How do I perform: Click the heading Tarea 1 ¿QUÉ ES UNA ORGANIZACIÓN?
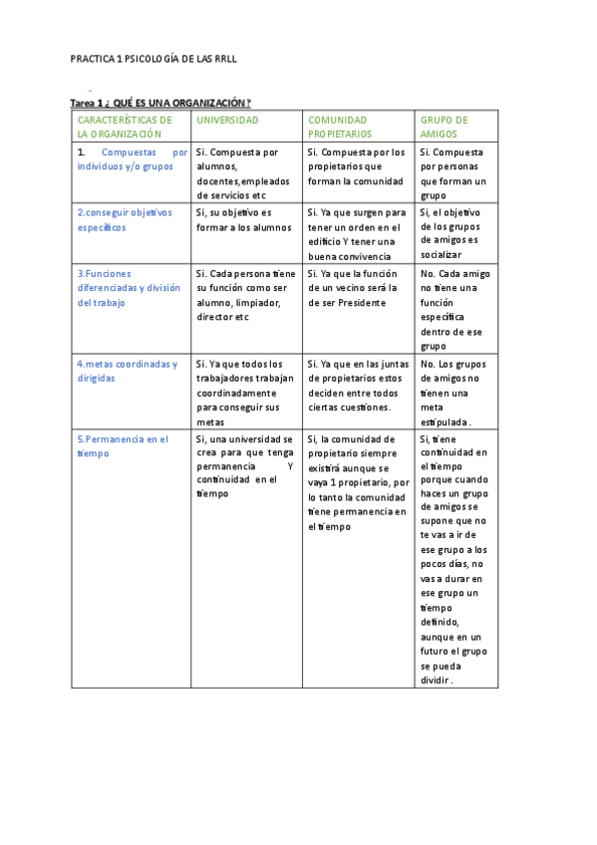(x=160, y=103)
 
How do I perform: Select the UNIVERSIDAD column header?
(x=227, y=120)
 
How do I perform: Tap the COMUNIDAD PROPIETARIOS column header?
(x=338, y=126)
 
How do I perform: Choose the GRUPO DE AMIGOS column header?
(x=445, y=126)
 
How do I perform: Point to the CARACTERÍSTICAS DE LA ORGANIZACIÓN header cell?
(x=120, y=126)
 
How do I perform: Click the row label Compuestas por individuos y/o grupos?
(x=132, y=159)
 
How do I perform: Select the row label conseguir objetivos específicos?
(x=125, y=219)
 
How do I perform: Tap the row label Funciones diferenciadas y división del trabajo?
(x=129, y=287)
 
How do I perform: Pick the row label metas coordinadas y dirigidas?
(x=127, y=371)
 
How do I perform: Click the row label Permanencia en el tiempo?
(x=123, y=445)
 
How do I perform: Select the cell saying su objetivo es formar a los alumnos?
(x=244, y=219)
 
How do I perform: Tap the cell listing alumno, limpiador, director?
(x=244, y=295)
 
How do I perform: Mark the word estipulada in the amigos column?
(x=445, y=422)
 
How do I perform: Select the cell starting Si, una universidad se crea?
(x=244, y=465)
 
